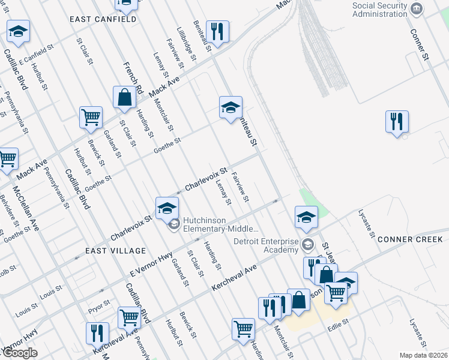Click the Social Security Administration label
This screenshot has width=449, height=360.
(x=379, y=10)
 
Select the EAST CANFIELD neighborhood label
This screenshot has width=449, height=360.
(x=103, y=19)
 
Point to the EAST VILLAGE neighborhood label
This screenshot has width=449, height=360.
(x=115, y=250)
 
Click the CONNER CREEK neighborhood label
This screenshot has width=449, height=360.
(x=410, y=239)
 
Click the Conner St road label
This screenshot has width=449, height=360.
(x=420, y=45)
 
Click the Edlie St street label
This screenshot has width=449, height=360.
(x=339, y=328)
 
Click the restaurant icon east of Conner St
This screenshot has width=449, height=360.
(x=397, y=122)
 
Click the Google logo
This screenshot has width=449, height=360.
(x=20, y=353)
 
